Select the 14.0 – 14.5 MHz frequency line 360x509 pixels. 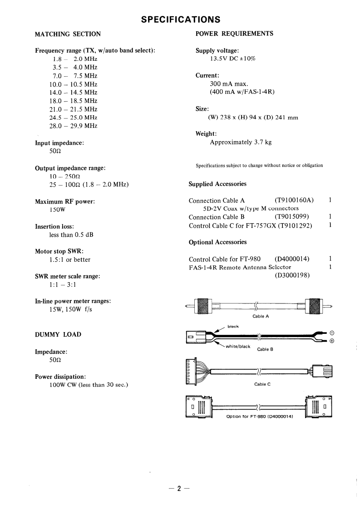pos(73,93)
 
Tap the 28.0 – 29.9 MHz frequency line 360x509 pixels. pos(73,126)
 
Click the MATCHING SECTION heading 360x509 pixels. pos(68,34)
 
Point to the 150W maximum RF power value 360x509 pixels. pos(58,210)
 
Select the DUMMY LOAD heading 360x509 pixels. pos(58,334)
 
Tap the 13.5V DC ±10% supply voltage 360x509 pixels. pos(232,59)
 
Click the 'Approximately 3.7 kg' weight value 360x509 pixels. pos(241,142)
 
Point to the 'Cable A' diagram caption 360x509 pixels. pos(261,316)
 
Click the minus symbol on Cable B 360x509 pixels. pos(331,333)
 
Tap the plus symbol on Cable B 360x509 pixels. pos(331,341)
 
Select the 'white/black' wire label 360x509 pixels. pos(238,347)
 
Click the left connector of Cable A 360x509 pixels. pos(202,307)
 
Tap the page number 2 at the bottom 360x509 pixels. pos(179,489)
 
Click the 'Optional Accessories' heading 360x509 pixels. pos(217,242)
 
